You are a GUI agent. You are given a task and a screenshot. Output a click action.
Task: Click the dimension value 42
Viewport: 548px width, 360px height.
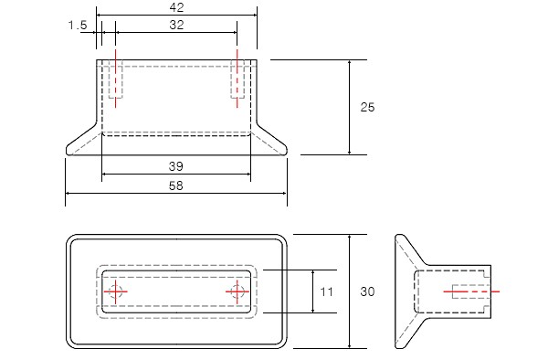pyautogui.click(x=176, y=7)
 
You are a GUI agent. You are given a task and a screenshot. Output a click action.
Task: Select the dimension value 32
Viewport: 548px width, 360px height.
pyautogui.click(x=176, y=25)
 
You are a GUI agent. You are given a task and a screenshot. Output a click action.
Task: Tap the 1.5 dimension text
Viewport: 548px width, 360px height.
pyautogui.click(x=78, y=26)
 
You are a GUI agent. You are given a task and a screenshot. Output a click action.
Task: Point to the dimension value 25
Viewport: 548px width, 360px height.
pyautogui.click(x=367, y=107)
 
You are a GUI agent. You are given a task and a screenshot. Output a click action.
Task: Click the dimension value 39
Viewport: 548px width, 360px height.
pyautogui.click(x=175, y=166)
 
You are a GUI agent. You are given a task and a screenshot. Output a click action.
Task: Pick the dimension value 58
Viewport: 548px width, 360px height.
pyautogui.click(x=175, y=185)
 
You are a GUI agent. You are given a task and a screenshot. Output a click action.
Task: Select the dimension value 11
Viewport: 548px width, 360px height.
pyautogui.click(x=326, y=291)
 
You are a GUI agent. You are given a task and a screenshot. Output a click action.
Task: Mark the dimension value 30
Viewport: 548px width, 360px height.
pyautogui.click(x=367, y=291)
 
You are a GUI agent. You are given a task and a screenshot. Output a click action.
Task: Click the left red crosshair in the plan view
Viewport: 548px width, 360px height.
pyautogui.click(x=115, y=291)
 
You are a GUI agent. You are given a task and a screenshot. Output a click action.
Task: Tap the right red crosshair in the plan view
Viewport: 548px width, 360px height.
pyautogui.click(x=237, y=291)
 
